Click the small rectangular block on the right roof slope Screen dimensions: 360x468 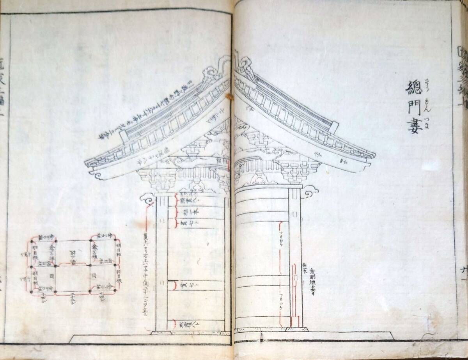click(x=335, y=127)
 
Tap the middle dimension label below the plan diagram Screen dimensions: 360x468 click(x=74, y=301)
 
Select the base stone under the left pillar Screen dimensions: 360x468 click(x=161, y=332)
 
